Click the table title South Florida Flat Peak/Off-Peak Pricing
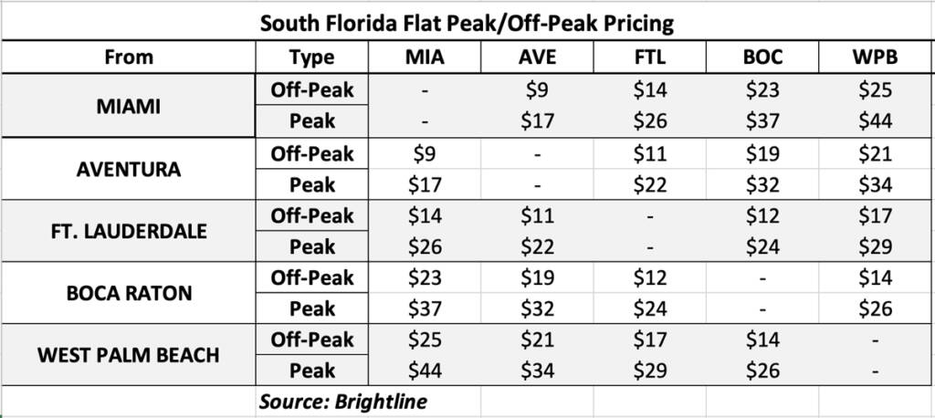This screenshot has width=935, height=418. pyautogui.click(x=467, y=23)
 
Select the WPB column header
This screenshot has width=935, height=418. pyautogui.click(x=876, y=57)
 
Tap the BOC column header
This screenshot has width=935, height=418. pyautogui.click(x=762, y=57)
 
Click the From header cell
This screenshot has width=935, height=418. pyautogui.click(x=129, y=57)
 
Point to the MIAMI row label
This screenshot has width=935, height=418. pyautogui.click(x=129, y=106)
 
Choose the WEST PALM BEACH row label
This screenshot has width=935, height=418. pyautogui.click(x=129, y=355)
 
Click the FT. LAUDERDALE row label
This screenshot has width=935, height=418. pyautogui.click(x=129, y=231)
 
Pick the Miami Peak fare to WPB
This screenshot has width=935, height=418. pyautogui.click(x=876, y=121)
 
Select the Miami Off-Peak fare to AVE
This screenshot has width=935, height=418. pyautogui.click(x=537, y=90)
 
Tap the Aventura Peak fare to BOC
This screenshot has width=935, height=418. pyautogui.click(x=762, y=185)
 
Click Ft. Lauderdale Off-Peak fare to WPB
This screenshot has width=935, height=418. pyautogui.click(x=876, y=216)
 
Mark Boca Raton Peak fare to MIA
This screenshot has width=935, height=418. pyautogui.click(x=425, y=308)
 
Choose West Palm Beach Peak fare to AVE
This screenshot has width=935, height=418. pyautogui.click(x=537, y=371)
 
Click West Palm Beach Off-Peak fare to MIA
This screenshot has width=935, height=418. pyautogui.click(x=425, y=340)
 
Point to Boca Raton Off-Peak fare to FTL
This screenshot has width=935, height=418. pyautogui.click(x=650, y=278)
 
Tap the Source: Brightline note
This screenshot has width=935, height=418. pyautogui.click(x=342, y=402)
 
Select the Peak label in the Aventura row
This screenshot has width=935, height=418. pyautogui.click(x=312, y=185)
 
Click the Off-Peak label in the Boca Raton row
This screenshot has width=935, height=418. pyautogui.click(x=312, y=278)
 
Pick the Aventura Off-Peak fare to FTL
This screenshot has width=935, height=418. pyautogui.click(x=650, y=154)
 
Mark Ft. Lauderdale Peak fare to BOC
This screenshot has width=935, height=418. pyautogui.click(x=762, y=246)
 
